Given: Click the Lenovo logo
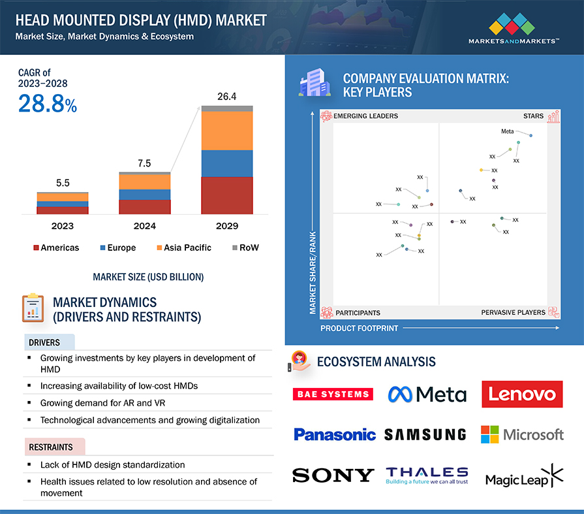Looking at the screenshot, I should click(x=522, y=394).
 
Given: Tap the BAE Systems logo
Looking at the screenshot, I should click(x=333, y=394).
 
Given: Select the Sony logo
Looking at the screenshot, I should click(x=333, y=475).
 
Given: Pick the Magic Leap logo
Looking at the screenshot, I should click(x=523, y=477).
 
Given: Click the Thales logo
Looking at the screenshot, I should click(x=427, y=475).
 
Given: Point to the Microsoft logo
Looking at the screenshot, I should click(x=522, y=434).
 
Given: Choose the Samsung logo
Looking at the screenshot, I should click(x=425, y=434).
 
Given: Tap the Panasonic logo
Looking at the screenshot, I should click(x=334, y=434).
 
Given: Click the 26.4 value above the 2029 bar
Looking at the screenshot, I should click(x=226, y=97).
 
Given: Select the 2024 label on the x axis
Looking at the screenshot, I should click(x=144, y=226).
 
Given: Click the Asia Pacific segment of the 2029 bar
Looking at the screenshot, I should click(x=226, y=131).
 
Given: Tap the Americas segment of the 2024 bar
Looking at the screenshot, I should click(x=144, y=206).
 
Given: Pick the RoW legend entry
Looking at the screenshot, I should click(x=245, y=248).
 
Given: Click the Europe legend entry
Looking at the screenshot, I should click(x=117, y=248).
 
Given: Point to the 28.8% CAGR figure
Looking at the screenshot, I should click(x=47, y=104).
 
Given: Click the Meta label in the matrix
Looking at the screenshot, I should click(x=507, y=131).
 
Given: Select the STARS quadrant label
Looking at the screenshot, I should click(x=532, y=116).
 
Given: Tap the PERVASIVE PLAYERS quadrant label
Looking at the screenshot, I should click(x=513, y=312).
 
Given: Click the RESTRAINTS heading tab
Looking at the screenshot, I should click(x=50, y=447).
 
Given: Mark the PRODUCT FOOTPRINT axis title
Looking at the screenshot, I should click(x=358, y=328).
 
